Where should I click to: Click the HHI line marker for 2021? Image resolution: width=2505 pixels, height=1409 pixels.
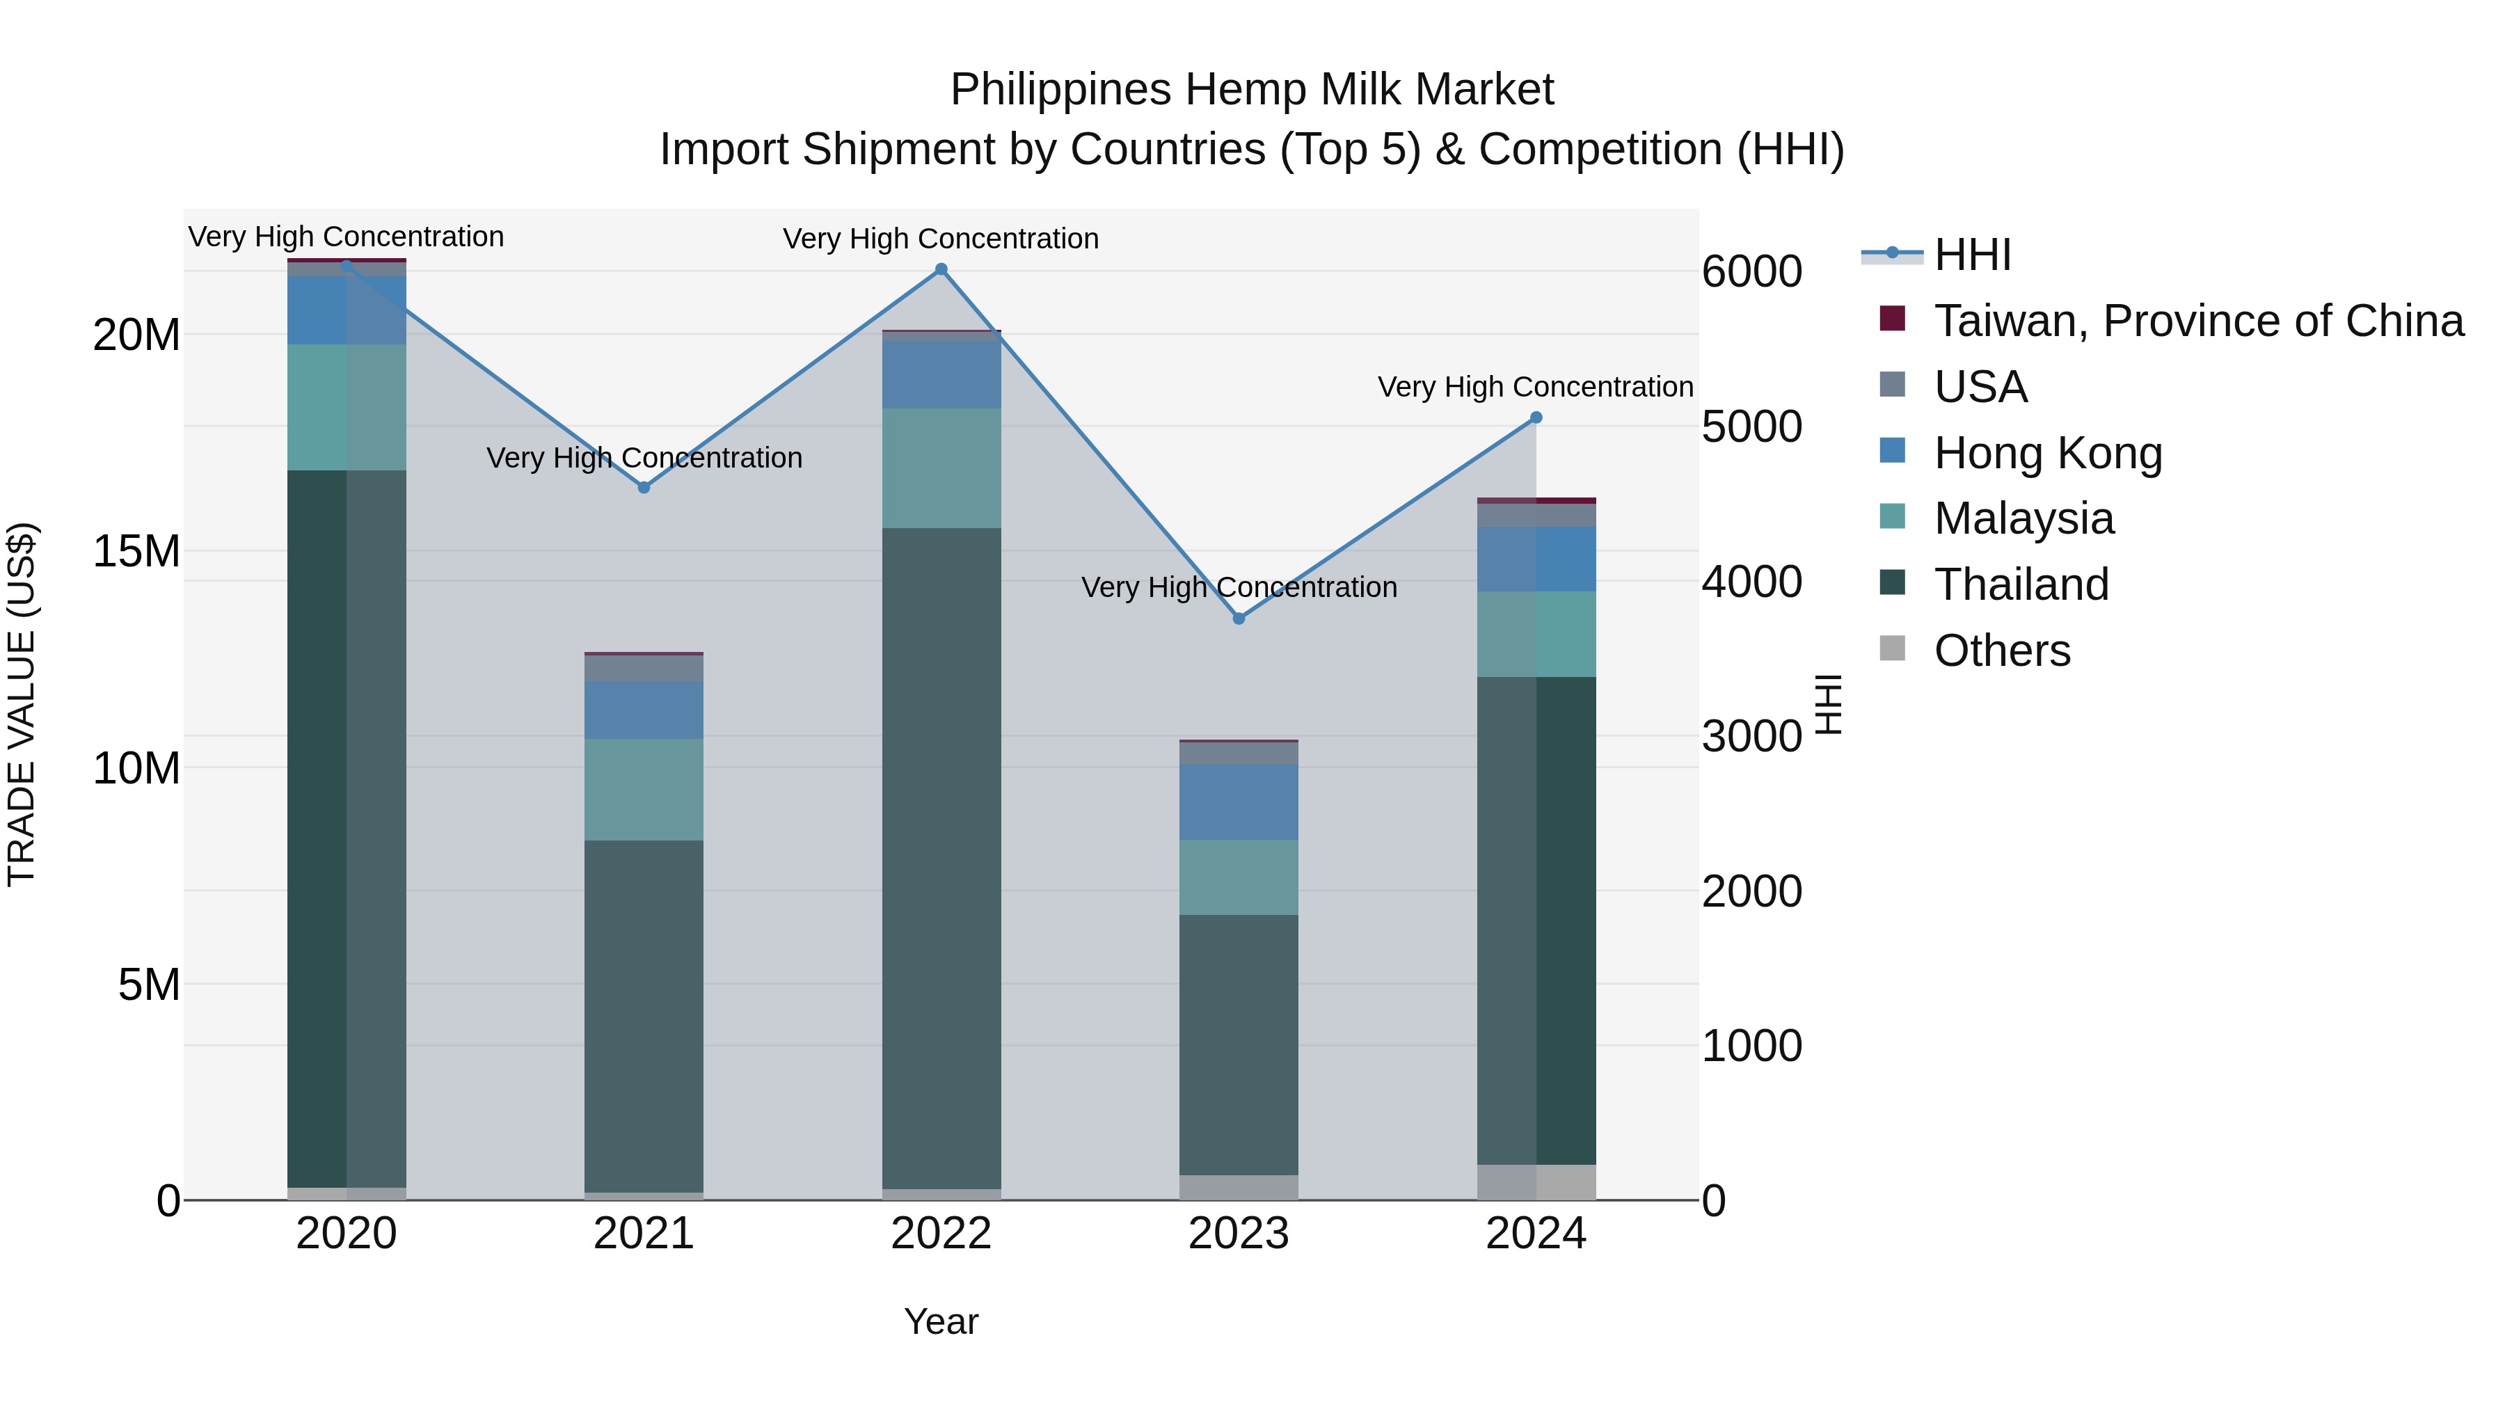tap(644, 487)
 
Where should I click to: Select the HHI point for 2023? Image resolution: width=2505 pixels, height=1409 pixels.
tap(1239, 619)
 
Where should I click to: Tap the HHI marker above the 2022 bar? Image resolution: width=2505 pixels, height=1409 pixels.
tap(941, 269)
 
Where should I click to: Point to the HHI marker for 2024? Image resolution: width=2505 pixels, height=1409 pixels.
tap(1536, 417)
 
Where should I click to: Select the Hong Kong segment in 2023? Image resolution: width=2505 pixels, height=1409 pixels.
tap(1239, 802)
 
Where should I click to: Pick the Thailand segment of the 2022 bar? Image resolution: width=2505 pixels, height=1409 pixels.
tap(941, 856)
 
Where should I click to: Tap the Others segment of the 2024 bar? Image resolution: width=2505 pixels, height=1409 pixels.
tap(1536, 1181)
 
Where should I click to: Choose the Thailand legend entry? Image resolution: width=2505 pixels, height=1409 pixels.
tap(2021, 584)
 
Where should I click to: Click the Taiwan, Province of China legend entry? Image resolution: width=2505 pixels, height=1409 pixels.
tap(2197, 321)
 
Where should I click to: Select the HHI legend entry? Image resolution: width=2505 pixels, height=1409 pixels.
tap(1972, 255)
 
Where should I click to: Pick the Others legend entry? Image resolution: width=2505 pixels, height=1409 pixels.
tap(2001, 651)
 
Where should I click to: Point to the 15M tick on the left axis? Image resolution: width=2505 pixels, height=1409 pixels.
tap(136, 551)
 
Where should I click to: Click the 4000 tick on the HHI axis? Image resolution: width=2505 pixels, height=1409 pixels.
tap(1751, 582)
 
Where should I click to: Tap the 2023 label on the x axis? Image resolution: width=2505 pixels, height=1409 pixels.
tap(1239, 1234)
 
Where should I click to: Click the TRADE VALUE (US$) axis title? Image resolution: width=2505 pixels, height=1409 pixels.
tap(22, 704)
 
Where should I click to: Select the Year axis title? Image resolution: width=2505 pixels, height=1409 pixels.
tap(941, 1321)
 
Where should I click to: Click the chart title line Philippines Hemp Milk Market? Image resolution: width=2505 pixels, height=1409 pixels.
tap(1252, 90)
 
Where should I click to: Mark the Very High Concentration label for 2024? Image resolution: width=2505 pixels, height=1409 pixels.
tap(1536, 387)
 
